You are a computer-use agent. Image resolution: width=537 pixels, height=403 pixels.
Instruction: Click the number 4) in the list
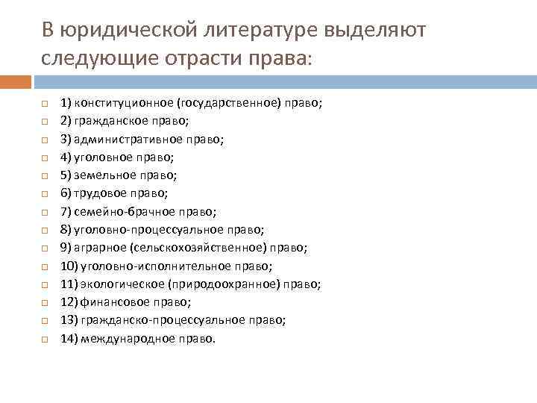(66, 157)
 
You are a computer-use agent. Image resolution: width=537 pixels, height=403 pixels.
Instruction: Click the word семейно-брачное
(125, 211)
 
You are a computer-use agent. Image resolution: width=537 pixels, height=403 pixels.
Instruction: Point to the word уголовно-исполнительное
(153, 265)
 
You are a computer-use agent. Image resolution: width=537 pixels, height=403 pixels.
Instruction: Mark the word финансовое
(111, 302)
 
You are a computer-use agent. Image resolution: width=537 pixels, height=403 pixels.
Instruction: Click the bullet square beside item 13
(44, 320)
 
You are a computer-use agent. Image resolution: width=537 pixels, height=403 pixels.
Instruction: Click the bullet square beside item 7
(44, 211)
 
